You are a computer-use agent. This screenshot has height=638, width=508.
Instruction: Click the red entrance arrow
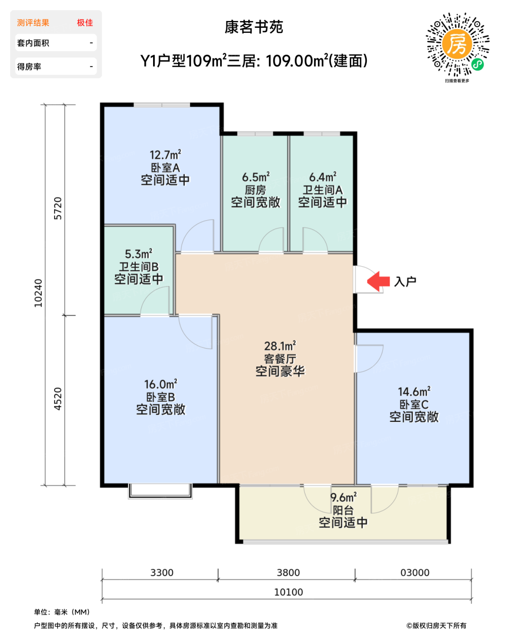pyautogui.click(x=378, y=281)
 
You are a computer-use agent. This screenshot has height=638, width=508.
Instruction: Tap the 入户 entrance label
pyautogui.click(x=405, y=281)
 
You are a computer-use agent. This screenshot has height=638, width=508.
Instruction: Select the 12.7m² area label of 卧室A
pyautogui.click(x=165, y=154)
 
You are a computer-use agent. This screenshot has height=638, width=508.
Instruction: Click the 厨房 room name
pyautogui.click(x=255, y=190)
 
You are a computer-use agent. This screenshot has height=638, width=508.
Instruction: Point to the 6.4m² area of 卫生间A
pyautogui.click(x=323, y=177)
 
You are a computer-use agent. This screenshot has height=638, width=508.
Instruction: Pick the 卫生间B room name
pyautogui.click(x=139, y=267)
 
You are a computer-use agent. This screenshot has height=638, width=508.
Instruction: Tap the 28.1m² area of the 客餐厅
pyautogui.click(x=280, y=346)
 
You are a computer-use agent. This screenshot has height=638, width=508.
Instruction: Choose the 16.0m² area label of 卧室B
pyautogui.click(x=161, y=384)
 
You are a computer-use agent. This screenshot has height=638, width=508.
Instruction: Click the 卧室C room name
pyautogui.click(x=414, y=404)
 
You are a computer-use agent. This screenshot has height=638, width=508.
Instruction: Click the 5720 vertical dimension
pyautogui.click(x=58, y=208)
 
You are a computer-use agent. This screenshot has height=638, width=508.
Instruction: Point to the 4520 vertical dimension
pyautogui.click(x=58, y=399)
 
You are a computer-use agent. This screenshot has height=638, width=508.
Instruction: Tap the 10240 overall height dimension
pyautogui.click(x=38, y=293)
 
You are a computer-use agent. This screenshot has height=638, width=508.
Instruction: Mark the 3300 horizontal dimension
pyautogui.click(x=162, y=572)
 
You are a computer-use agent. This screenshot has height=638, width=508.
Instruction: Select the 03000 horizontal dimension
pyautogui.click(x=415, y=572)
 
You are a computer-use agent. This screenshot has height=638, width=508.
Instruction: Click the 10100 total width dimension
pyautogui.click(x=288, y=592)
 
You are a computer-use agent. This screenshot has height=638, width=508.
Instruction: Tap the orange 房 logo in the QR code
pyautogui.click(x=457, y=44)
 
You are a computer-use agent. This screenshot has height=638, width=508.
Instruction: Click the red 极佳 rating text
pyautogui.click(x=85, y=23)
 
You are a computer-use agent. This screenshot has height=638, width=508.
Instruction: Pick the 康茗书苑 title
pyautogui.click(x=254, y=27)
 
